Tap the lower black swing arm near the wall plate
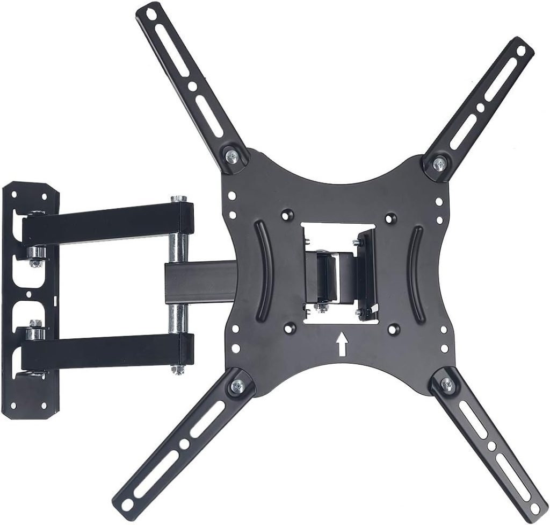107,350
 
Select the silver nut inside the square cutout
321,308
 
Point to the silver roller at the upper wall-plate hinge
37,253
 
